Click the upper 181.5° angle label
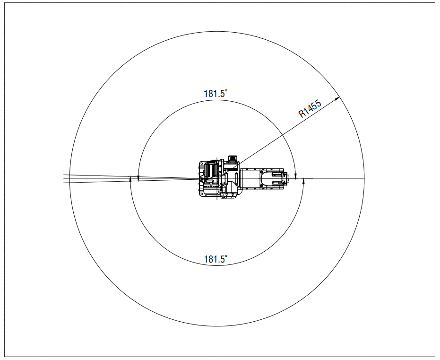coord(216,94)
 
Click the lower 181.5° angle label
coord(216,259)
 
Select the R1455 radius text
coord(310,109)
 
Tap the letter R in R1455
coord(302,114)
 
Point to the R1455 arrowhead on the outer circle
coord(337,98)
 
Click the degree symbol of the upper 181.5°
coord(226,91)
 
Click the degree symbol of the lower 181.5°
coord(226,256)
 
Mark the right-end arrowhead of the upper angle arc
coord(295,176)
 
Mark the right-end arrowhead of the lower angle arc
coord(303,182)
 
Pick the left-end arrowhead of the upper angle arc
coord(138,179)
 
